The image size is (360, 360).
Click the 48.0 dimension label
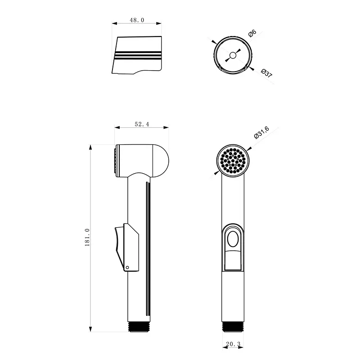point(137,20)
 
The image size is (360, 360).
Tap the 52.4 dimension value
point(142,124)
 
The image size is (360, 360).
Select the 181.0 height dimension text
point(87,238)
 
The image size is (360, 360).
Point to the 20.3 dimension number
point(233,344)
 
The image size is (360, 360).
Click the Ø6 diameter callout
point(252,33)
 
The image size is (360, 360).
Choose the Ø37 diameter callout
point(266,73)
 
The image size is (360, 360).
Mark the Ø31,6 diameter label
point(261,133)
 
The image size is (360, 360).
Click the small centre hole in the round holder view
point(233,55)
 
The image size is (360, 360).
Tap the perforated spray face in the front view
point(233,161)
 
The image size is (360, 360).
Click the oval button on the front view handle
point(233,239)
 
